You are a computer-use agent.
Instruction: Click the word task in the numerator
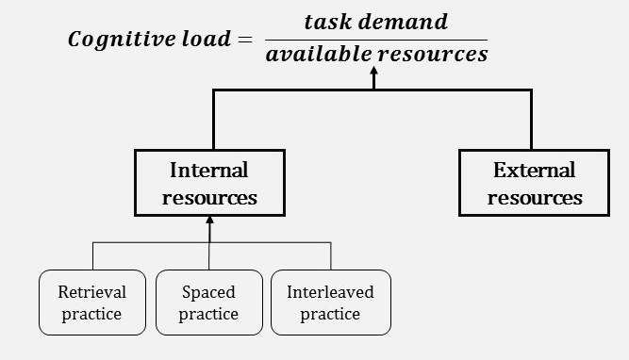(x=327, y=22)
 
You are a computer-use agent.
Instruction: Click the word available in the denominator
(x=319, y=55)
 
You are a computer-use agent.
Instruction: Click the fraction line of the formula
(x=375, y=40)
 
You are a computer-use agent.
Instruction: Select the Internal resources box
(x=209, y=183)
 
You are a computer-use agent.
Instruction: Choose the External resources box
(x=534, y=183)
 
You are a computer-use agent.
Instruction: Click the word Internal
(x=209, y=171)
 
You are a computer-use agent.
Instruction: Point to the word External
(x=534, y=171)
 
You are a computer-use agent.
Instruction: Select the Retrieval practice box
(x=91, y=303)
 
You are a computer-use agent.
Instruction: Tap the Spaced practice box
(x=208, y=303)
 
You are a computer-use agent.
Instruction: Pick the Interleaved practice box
(x=330, y=303)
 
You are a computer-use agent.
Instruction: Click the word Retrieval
(x=91, y=291)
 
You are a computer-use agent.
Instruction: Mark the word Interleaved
(x=330, y=291)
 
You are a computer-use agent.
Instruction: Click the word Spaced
(x=208, y=291)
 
